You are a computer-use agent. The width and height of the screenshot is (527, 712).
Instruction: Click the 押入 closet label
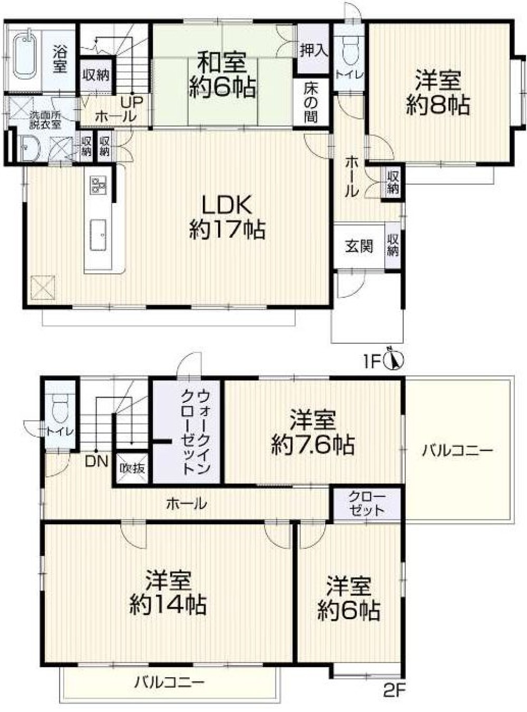pyautogui.click(x=313, y=50)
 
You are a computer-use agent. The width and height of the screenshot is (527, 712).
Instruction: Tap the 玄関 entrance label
pyautogui.click(x=359, y=246)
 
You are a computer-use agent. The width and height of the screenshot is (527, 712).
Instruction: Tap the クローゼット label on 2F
pyautogui.click(x=367, y=504)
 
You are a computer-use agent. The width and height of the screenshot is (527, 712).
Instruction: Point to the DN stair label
pyautogui.click(x=97, y=462)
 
